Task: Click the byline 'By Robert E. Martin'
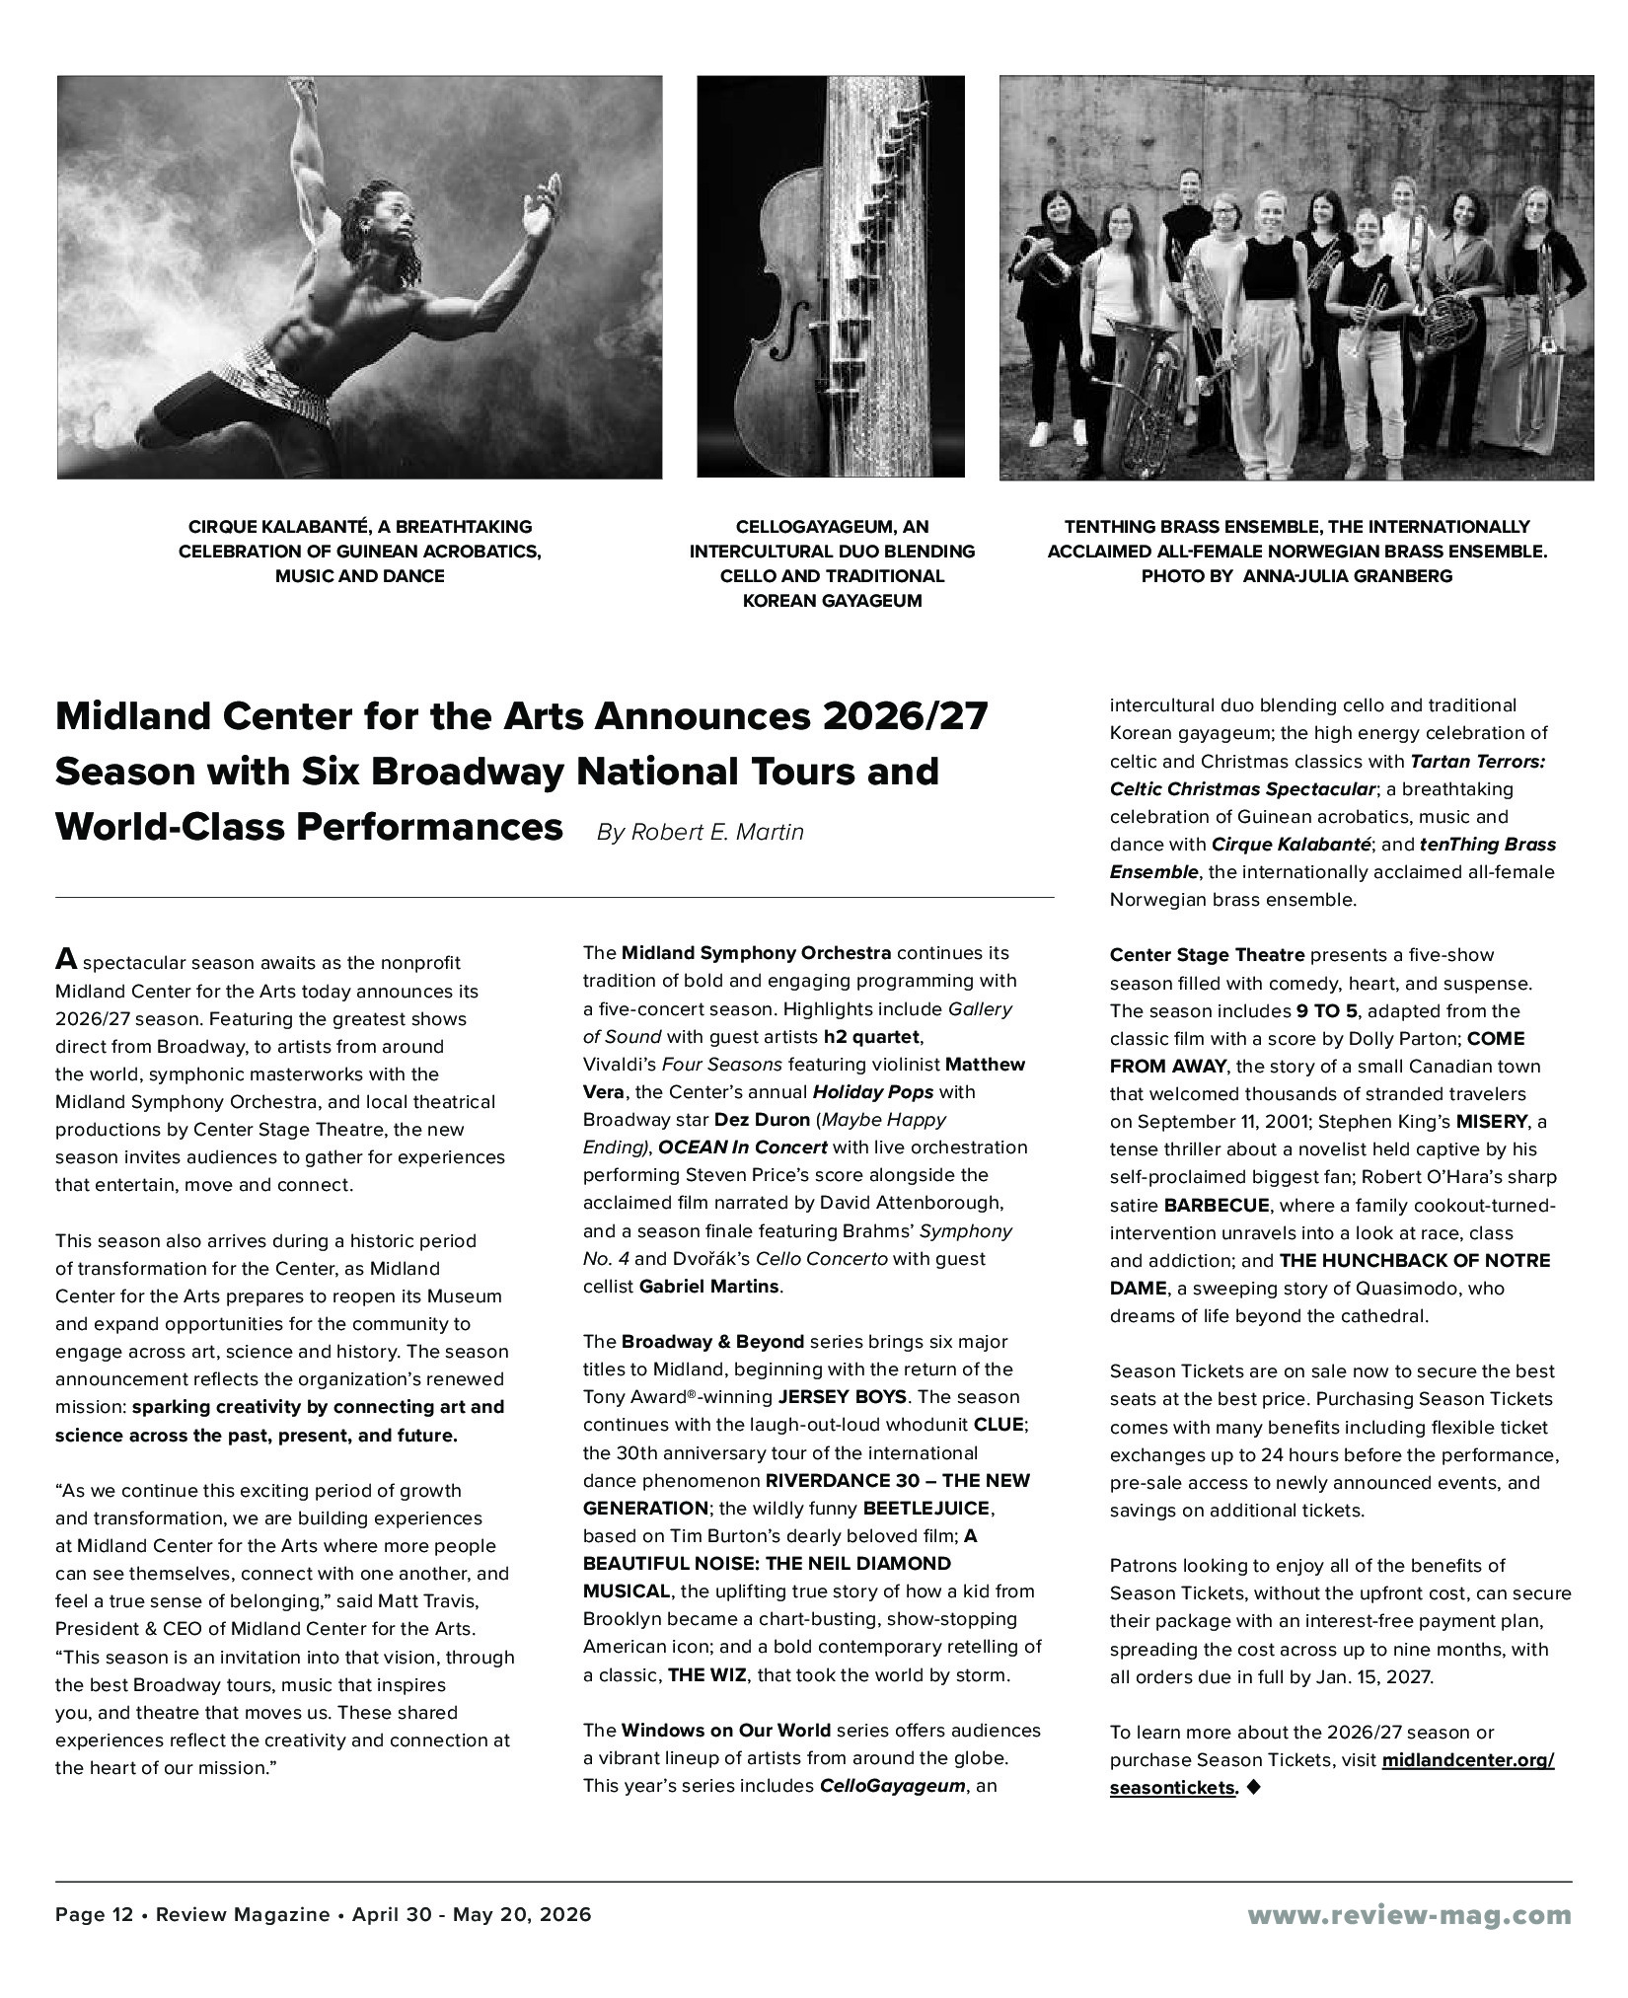[700, 832]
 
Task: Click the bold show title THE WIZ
[706, 1675]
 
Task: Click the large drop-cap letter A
[66, 959]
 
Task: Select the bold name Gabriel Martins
[709, 1287]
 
